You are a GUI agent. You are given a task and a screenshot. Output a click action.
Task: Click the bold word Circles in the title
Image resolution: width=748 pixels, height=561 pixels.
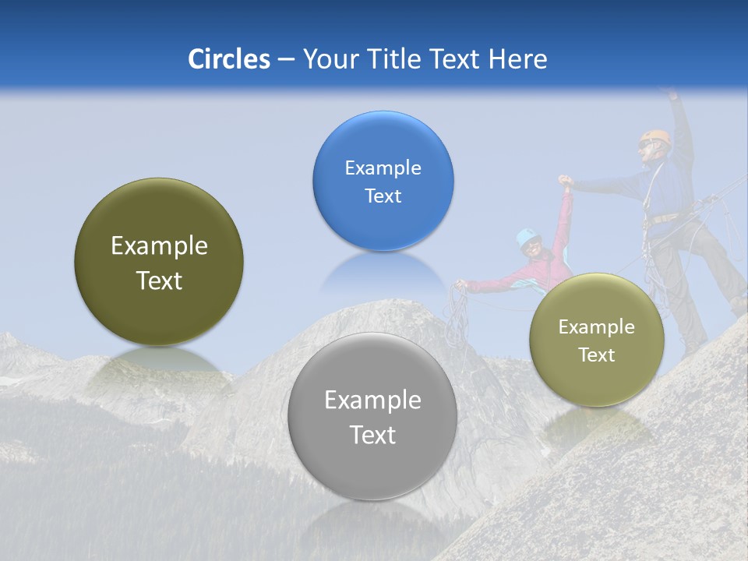[x=228, y=59]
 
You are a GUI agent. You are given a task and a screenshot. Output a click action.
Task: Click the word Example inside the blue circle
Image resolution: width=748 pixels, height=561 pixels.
[x=383, y=168]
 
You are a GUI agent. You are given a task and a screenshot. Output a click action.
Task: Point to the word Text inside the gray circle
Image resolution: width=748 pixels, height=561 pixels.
[x=372, y=435]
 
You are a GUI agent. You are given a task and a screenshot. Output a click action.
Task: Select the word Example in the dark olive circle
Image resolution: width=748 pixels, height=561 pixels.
[x=159, y=246]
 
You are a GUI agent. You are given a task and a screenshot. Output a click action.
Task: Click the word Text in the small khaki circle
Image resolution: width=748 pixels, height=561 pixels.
[x=597, y=355]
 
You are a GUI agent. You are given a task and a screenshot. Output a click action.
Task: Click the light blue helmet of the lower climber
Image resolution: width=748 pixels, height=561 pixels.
[x=528, y=235]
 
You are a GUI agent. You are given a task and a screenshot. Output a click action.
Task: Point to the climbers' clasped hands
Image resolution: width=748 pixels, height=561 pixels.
[x=566, y=182]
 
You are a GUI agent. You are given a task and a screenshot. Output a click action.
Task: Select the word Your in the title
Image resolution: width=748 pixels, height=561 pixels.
[x=329, y=59]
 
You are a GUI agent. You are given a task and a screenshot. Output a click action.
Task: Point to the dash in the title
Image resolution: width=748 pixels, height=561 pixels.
[x=286, y=60]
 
